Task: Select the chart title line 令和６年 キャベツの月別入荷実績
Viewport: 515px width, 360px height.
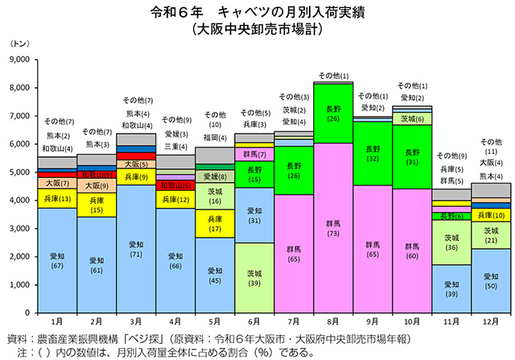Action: [257, 14]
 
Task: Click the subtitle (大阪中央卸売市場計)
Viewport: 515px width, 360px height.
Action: [257, 31]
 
